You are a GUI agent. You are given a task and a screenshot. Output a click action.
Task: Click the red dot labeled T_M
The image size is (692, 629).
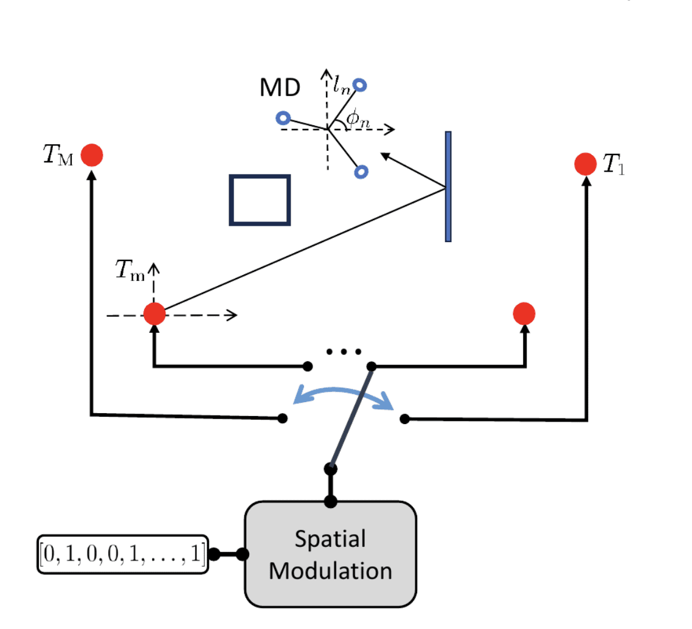point(92,155)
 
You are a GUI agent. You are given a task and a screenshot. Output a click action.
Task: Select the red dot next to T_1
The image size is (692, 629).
point(585,164)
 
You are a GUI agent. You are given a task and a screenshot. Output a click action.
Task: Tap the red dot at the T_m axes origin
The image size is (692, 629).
point(154,314)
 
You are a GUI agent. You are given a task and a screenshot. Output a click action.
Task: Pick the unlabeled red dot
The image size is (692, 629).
point(524,314)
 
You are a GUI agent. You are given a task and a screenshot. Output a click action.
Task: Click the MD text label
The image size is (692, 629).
point(280,88)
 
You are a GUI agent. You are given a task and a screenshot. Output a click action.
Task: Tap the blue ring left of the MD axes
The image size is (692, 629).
point(282,117)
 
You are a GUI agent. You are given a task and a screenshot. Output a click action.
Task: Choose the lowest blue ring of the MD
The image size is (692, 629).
point(360,173)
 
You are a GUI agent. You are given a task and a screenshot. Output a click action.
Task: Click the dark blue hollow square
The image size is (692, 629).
point(260,200)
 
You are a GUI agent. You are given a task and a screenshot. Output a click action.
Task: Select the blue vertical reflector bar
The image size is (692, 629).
point(448,186)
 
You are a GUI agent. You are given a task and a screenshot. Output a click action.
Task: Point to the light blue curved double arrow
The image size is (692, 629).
point(343,396)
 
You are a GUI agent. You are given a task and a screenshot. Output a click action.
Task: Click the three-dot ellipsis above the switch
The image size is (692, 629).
point(344,352)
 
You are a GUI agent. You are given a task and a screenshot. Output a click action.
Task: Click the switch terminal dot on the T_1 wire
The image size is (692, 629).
point(404,419)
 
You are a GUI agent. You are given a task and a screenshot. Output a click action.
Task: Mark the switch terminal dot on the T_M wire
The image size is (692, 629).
point(282,418)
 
